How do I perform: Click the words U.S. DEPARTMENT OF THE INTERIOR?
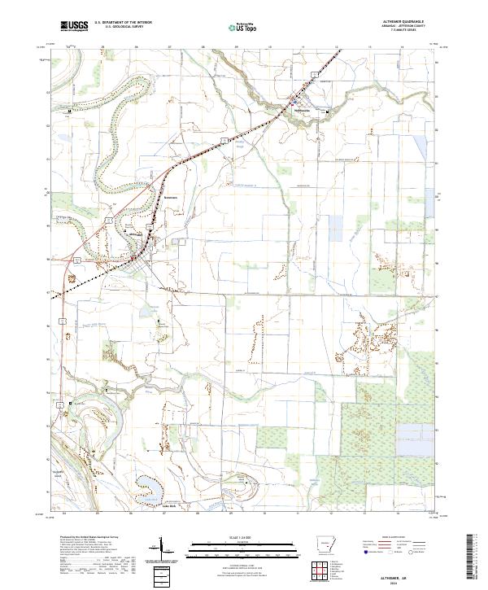pyautogui.click(x=123, y=24)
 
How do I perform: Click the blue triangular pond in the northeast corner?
pyautogui.click(x=420, y=146)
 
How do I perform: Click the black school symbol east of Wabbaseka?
pyautogui.click(x=328, y=112)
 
